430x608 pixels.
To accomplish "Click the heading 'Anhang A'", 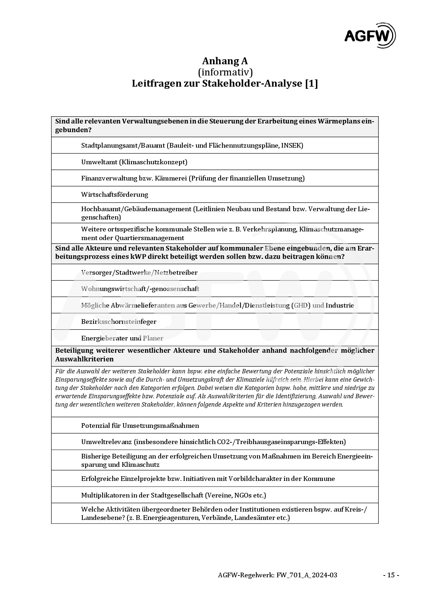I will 225,61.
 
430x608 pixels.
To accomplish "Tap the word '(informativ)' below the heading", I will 225,72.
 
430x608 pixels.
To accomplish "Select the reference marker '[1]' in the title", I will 311,83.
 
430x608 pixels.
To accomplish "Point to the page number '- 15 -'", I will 391,575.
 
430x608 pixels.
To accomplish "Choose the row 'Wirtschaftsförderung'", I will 114,194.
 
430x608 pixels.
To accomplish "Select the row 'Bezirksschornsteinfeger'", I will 118,321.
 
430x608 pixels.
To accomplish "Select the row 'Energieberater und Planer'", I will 122,338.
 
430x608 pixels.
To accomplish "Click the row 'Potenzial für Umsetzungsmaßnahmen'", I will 140,425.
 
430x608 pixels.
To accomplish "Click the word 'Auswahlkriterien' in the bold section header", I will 84,359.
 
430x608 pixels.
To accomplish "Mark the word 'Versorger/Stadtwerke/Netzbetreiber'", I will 139,272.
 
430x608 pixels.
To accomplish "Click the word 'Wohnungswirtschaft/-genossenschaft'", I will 140,289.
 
